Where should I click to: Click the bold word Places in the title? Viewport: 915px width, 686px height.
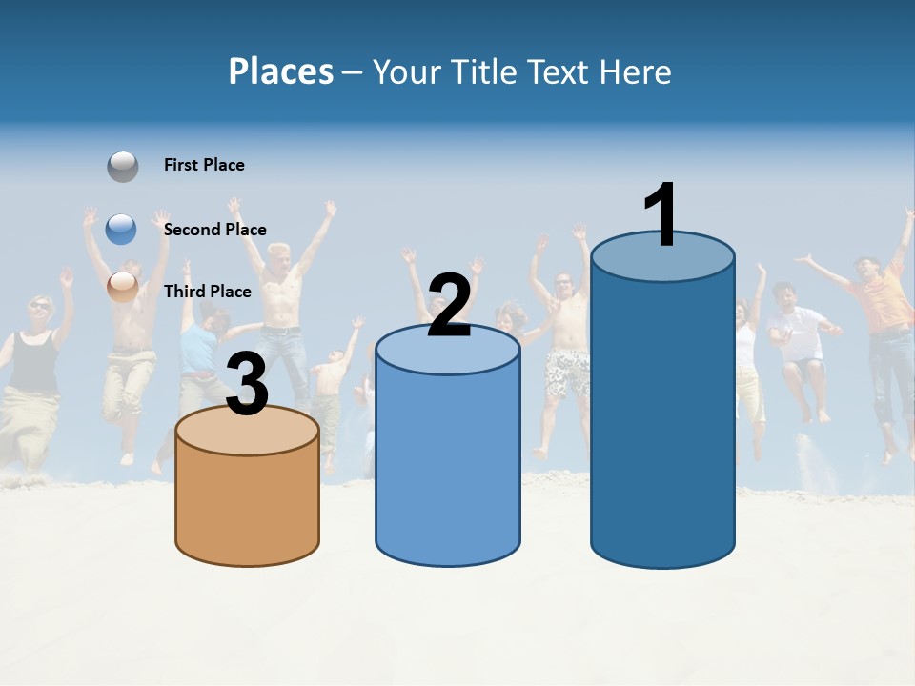coord(281,71)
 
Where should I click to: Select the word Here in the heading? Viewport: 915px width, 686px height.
coord(636,71)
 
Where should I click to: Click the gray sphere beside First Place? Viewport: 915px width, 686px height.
coord(122,166)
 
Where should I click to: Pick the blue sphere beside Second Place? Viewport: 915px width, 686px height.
coord(122,229)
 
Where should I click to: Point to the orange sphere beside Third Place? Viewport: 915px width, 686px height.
coord(122,286)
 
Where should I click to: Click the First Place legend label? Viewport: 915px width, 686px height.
coord(204,165)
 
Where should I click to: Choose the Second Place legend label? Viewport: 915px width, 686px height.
coord(214,230)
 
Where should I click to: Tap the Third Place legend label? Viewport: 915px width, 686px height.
coord(207,292)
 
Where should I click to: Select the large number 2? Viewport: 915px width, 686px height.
coord(449,306)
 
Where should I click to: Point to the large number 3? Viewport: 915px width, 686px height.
coord(247,384)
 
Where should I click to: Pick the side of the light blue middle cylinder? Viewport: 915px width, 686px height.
coord(448,467)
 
